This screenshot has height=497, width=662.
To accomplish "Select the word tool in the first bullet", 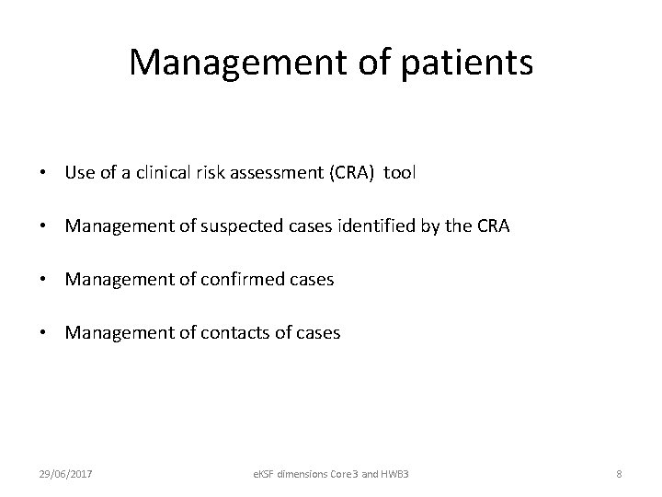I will pos(400,172).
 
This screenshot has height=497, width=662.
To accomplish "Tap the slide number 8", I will pos(619,472).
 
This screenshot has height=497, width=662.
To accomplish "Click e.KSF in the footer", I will pos(268,472).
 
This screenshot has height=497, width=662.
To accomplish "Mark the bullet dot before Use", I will pos(44,173).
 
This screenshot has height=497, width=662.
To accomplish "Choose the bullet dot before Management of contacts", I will pos(44,333).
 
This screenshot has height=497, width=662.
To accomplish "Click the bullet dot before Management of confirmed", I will pos(44,280).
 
